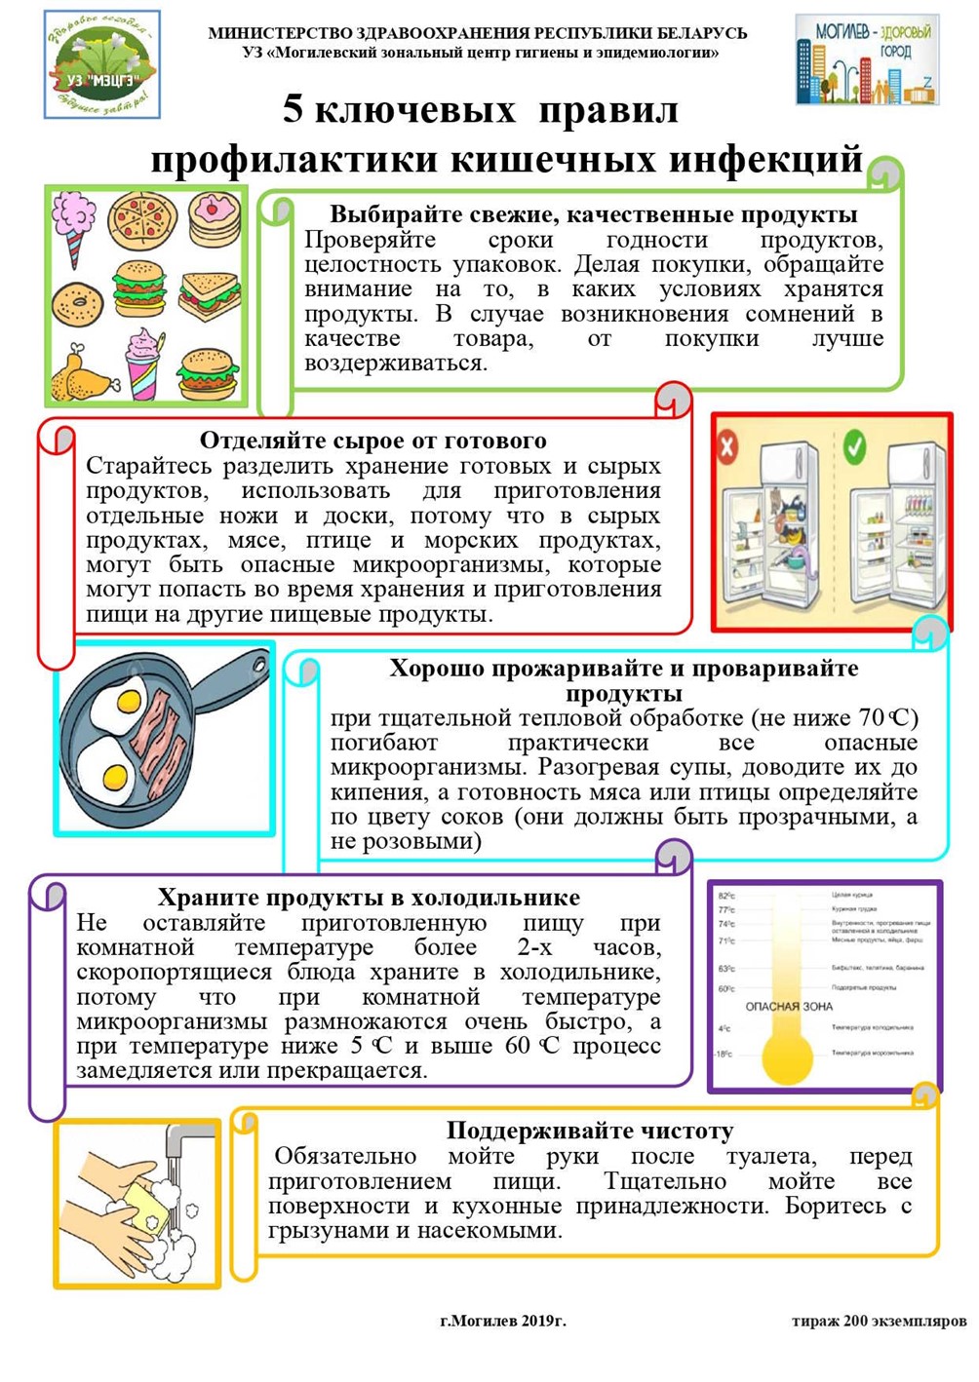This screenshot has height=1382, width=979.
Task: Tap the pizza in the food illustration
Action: coord(142,220)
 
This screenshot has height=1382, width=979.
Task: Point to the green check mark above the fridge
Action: coord(854,447)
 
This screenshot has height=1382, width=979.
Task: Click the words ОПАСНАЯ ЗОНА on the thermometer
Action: coord(789,1006)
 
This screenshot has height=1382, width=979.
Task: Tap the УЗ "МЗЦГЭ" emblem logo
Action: coord(102,64)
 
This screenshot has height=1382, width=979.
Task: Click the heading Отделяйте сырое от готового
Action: coord(372,441)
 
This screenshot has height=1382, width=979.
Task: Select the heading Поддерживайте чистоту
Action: coord(590,1131)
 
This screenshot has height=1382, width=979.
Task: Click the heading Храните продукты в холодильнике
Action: coord(369,898)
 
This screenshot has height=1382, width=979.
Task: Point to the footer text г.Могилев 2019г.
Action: coord(502,1321)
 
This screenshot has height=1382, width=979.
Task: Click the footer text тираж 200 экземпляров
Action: coord(879,1321)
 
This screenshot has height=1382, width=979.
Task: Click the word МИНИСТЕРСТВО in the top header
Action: coord(276,32)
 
